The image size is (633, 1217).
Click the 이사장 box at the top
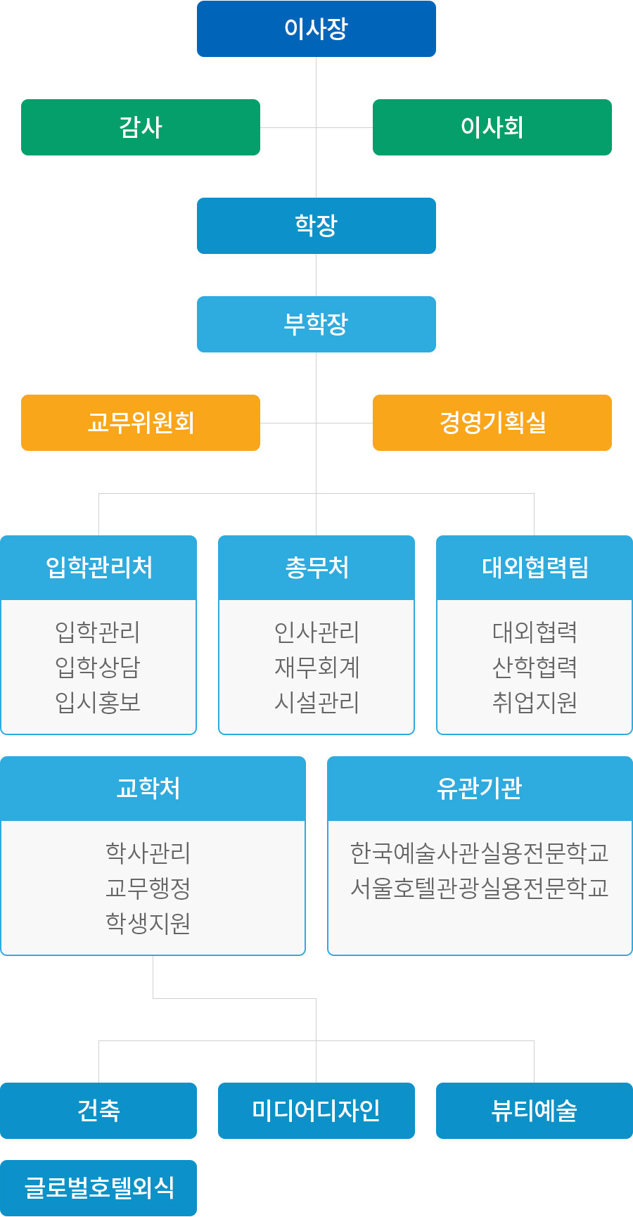pos(316,29)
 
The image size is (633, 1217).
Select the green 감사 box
pos(141,127)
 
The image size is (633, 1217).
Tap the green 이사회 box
pos(492,127)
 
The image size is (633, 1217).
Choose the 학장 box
pos(316,226)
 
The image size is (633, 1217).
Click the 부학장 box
pos(316,324)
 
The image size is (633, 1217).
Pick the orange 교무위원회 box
pos(141,423)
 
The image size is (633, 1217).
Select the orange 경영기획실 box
pos(492,423)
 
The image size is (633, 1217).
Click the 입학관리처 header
pos(98,568)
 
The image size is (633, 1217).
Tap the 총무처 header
pos(316,568)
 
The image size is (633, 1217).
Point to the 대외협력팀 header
pos(535,568)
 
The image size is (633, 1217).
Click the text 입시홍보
pos(98,702)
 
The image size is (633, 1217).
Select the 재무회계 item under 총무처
pos(316,667)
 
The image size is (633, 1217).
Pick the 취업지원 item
pos(535,702)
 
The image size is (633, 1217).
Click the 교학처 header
pos(153,789)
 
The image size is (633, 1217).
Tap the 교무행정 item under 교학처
pos(148,888)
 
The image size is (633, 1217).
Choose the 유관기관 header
pos(480,789)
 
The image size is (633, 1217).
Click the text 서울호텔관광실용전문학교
pos(480,888)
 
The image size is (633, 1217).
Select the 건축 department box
pos(98,1111)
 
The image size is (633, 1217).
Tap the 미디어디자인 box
pos(316,1111)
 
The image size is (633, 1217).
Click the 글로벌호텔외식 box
pos(98,1188)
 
